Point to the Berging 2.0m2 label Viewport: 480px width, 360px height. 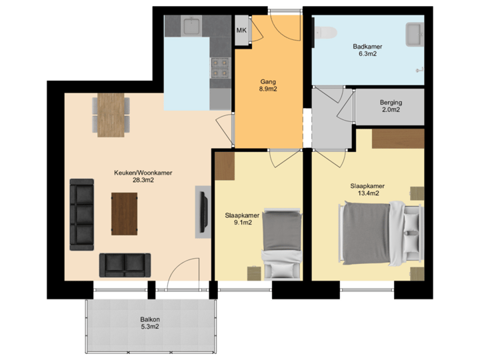tap(390, 106)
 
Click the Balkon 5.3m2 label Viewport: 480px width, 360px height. tap(149, 323)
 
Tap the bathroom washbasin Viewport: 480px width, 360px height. tap(413, 32)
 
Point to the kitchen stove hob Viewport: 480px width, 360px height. tap(219, 66)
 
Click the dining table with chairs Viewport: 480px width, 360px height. tap(111, 115)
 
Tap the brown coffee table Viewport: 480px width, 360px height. tap(124, 213)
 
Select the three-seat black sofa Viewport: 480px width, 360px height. tap(83, 214)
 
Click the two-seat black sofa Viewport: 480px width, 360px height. tap(125, 265)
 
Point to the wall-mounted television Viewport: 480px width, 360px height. tap(203, 212)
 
